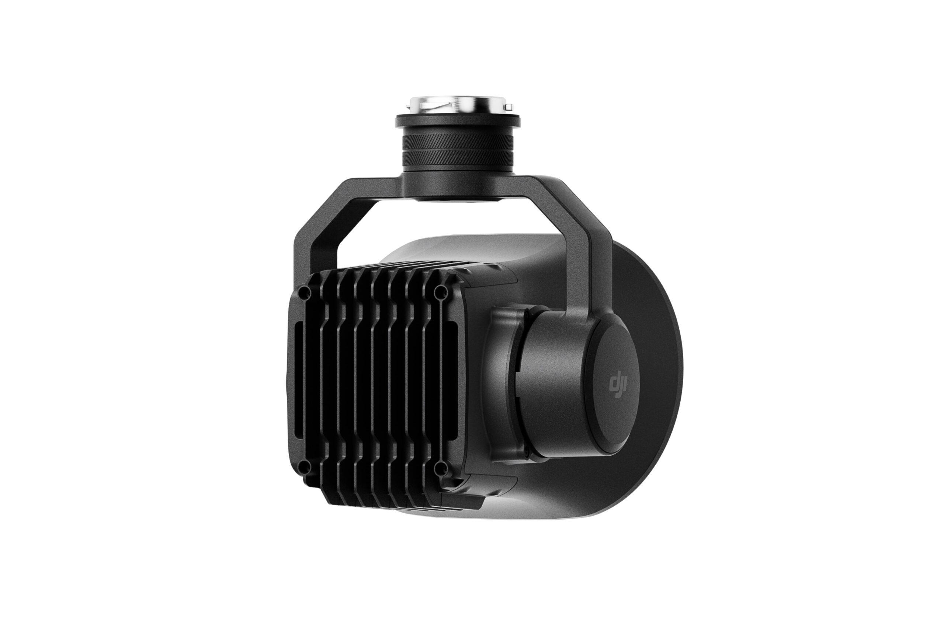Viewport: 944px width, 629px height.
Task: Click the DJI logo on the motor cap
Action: coord(618,385)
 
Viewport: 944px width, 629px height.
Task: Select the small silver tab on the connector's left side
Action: coord(408,107)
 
